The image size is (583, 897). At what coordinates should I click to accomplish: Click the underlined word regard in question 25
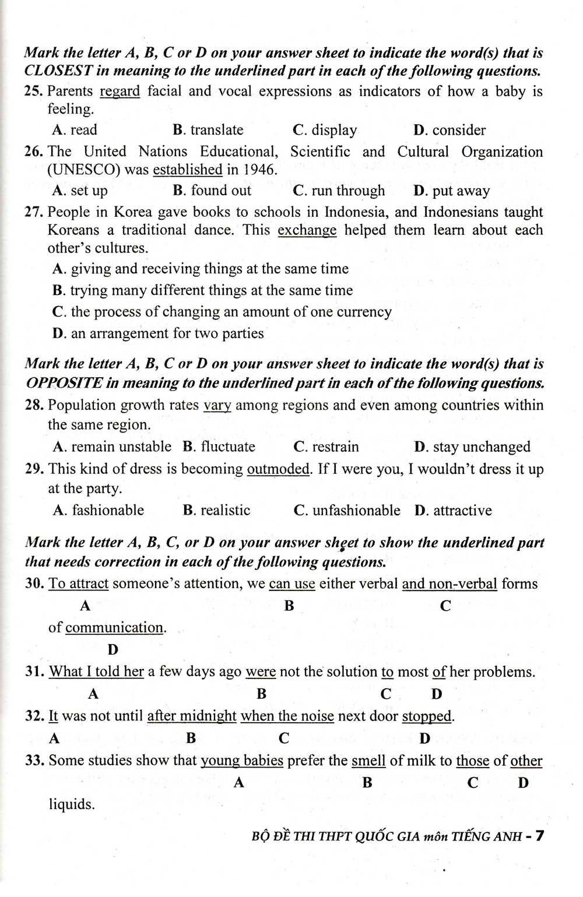pyautogui.click(x=120, y=92)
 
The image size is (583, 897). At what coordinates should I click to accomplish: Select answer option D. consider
pyautogui.click(x=449, y=130)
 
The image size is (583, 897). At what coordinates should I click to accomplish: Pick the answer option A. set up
pyautogui.click(x=80, y=191)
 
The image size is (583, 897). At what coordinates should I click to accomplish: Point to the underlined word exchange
pyautogui.click(x=307, y=230)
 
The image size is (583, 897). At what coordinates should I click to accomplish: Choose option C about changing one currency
pyautogui.click(x=222, y=312)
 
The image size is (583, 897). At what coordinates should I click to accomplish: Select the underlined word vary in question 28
pyautogui.click(x=217, y=406)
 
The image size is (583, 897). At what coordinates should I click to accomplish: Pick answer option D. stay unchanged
pyautogui.click(x=472, y=447)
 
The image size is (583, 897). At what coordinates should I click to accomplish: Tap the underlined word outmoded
pyautogui.click(x=278, y=469)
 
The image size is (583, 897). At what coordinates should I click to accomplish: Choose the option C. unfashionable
pyautogui.click(x=347, y=511)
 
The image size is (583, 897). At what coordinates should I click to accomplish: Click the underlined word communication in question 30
pyautogui.click(x=114, y=628)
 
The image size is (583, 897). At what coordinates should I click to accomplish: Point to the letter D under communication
pyautogui.click(x=113, y=649)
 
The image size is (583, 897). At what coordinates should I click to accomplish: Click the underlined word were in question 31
pyautogui.click(x=260, y=672)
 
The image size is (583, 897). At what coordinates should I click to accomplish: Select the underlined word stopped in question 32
pyautogui.click(x=427, y=716)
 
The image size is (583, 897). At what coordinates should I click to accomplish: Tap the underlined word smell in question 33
pyautogui.click(x=368, y=761)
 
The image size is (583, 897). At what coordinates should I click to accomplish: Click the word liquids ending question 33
pyautogui.click(x=71, y=805)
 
